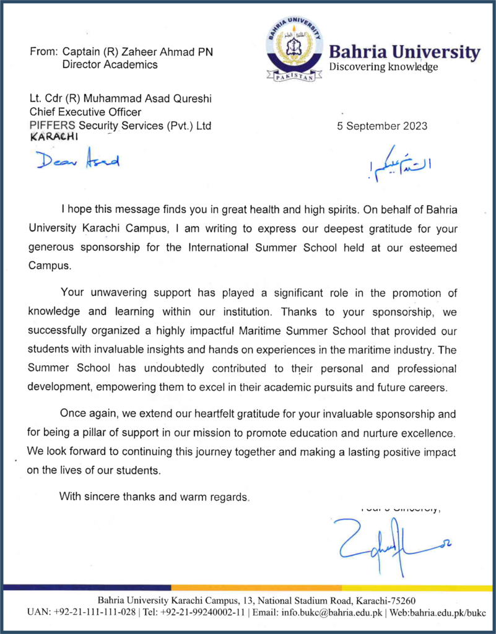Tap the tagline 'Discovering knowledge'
tap(383, 67)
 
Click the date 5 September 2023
tap(382, 126)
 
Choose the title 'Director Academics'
tap(110, 64)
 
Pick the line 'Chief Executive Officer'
tap(85, 112)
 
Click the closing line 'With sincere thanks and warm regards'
tap(154, 496)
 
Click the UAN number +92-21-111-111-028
tap(95, 612)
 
